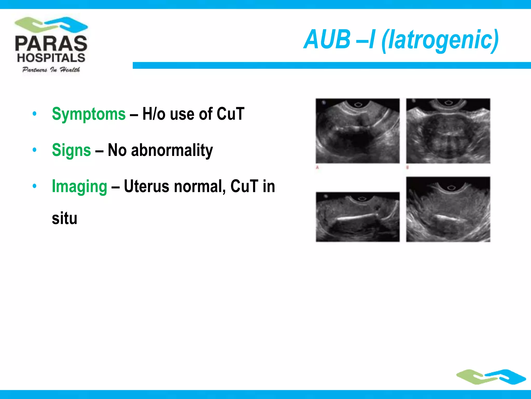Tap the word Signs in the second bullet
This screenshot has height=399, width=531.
point(71,150)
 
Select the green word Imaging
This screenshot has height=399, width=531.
point(79,187)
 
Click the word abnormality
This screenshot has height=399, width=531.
point(172,150)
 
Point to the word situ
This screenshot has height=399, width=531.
point(65,218)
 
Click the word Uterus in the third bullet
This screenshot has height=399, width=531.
point(146,186)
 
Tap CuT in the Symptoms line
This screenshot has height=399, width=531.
point(230,114)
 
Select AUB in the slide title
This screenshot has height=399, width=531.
point(327,39)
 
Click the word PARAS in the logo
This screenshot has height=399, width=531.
point(51,43)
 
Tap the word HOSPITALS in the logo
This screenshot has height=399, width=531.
point(51,58)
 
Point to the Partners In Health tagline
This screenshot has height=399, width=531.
point(51,70)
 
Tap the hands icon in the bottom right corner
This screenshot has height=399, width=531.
point(491,377)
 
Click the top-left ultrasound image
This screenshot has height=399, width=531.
point(358,131)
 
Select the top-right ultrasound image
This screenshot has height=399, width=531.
point(448,131)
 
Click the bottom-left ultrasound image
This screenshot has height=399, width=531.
point(358,217)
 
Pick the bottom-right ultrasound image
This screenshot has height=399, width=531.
point(448,209)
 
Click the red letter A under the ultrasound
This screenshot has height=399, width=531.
point(317,168)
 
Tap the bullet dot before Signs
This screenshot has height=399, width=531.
point(34,150)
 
